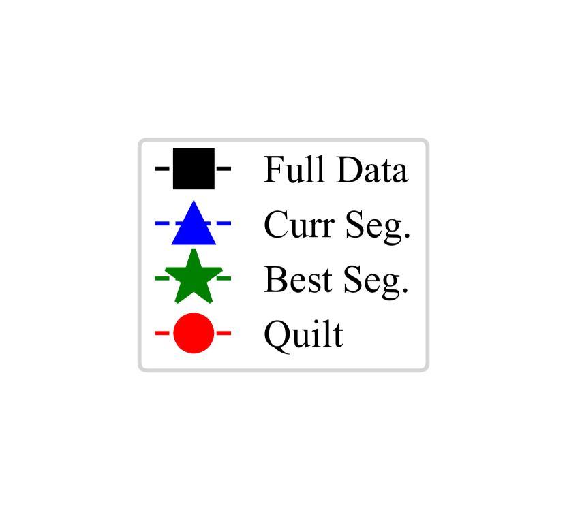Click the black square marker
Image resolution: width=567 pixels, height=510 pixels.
194,168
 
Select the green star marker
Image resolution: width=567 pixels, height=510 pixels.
194,278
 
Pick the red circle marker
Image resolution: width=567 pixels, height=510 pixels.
194,334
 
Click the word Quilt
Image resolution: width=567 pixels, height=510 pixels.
303,334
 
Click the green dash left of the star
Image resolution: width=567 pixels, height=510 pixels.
162,278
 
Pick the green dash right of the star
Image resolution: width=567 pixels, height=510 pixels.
226,278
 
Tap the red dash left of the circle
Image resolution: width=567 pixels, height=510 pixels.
162,334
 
